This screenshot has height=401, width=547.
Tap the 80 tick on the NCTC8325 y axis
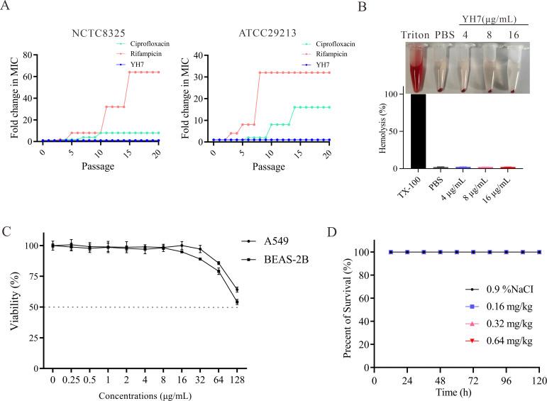click(x=30, y=54)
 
